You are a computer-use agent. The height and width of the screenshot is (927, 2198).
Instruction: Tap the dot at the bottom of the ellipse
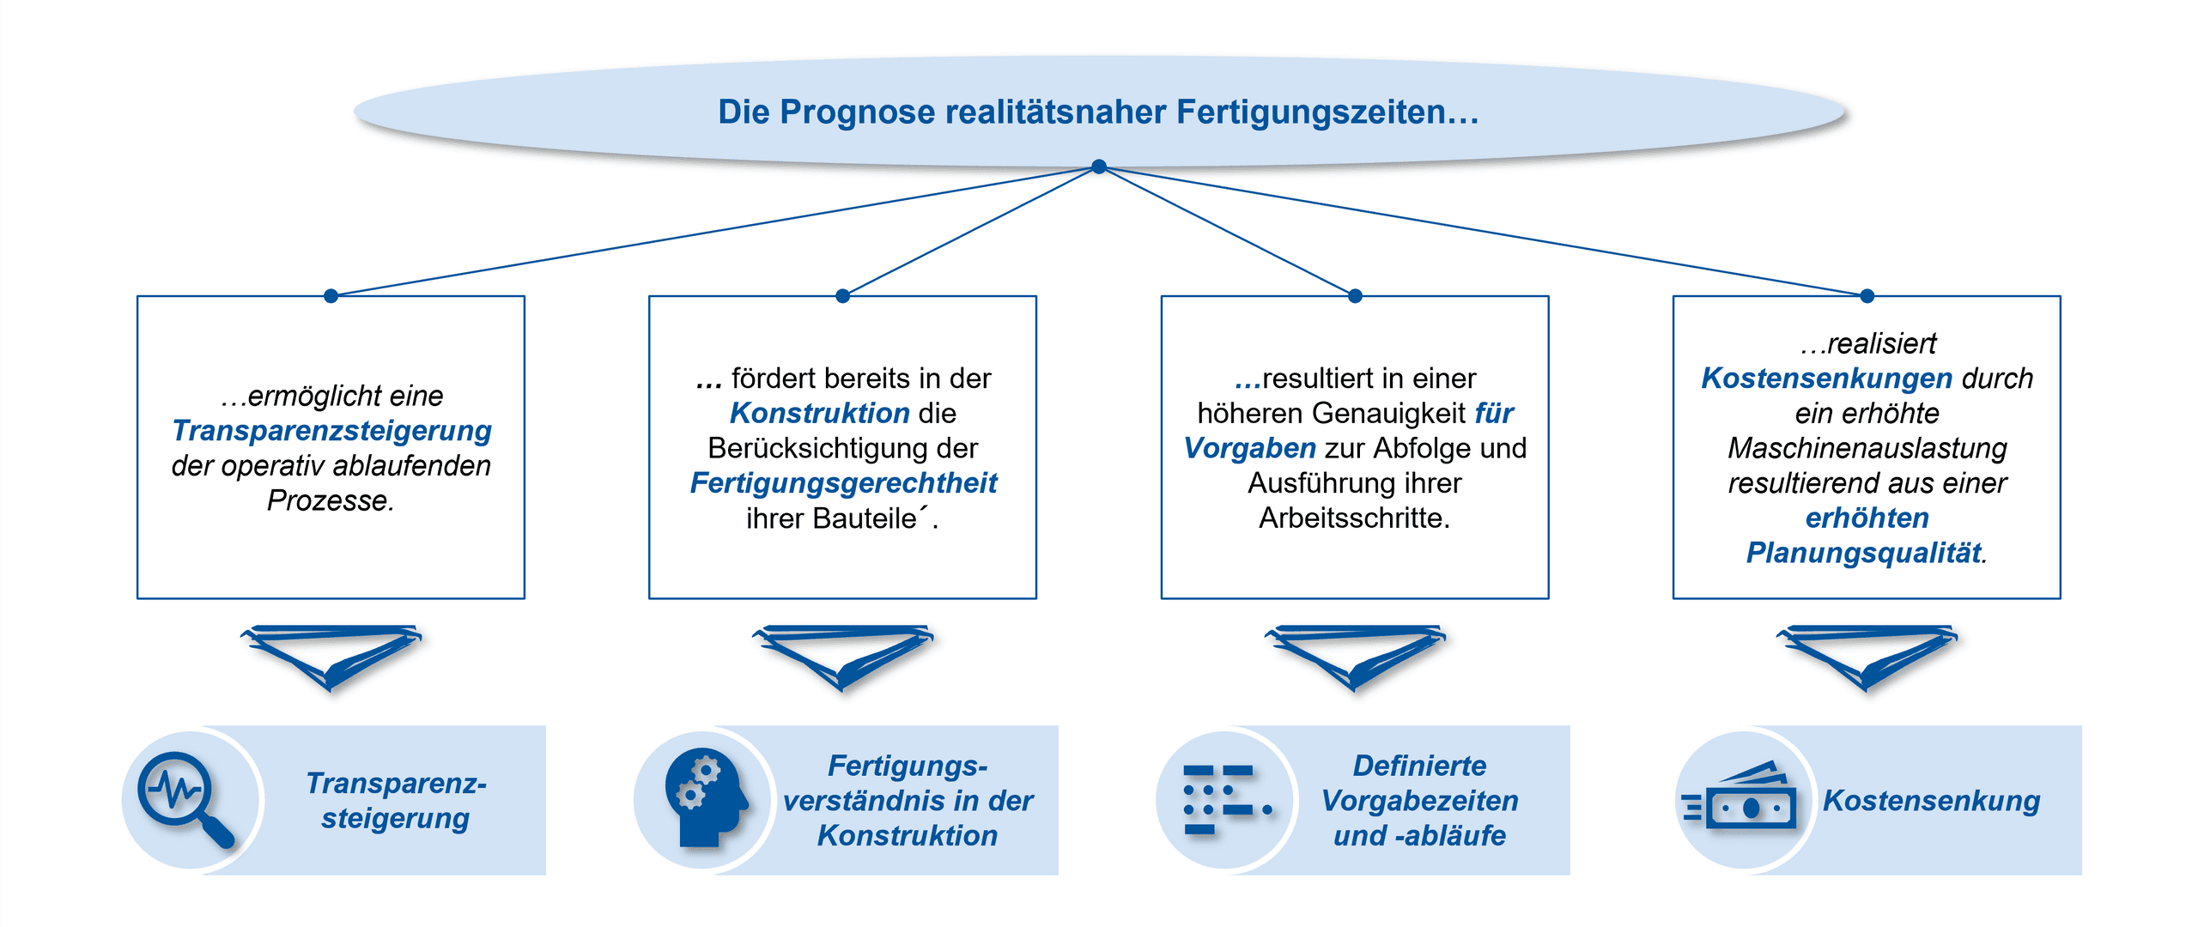[1098, 167]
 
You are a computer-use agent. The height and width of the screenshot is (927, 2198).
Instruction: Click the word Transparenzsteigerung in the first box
[331, 431]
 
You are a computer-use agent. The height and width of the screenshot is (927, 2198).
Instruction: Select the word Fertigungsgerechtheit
[843, 483]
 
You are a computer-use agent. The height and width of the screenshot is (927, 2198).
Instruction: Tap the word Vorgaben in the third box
[1249, 448]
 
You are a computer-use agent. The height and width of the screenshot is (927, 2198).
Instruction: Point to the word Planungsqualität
[1863, 553]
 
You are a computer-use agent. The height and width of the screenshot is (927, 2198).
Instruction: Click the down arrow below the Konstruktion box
[843, 657]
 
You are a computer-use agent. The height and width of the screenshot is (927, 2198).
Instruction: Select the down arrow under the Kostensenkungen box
[1867, 657]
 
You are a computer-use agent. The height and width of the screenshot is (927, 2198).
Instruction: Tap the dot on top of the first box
[331, 296]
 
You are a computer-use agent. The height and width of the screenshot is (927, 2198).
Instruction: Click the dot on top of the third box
[1355, 296]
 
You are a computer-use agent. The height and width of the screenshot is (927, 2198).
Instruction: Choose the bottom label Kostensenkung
[1931, 801]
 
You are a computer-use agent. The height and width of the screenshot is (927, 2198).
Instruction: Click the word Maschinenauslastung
[1867, 448]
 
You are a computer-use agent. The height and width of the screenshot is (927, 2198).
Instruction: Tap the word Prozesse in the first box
[330, 500]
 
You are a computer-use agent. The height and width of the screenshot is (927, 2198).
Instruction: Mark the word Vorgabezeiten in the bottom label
[1419, 801]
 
